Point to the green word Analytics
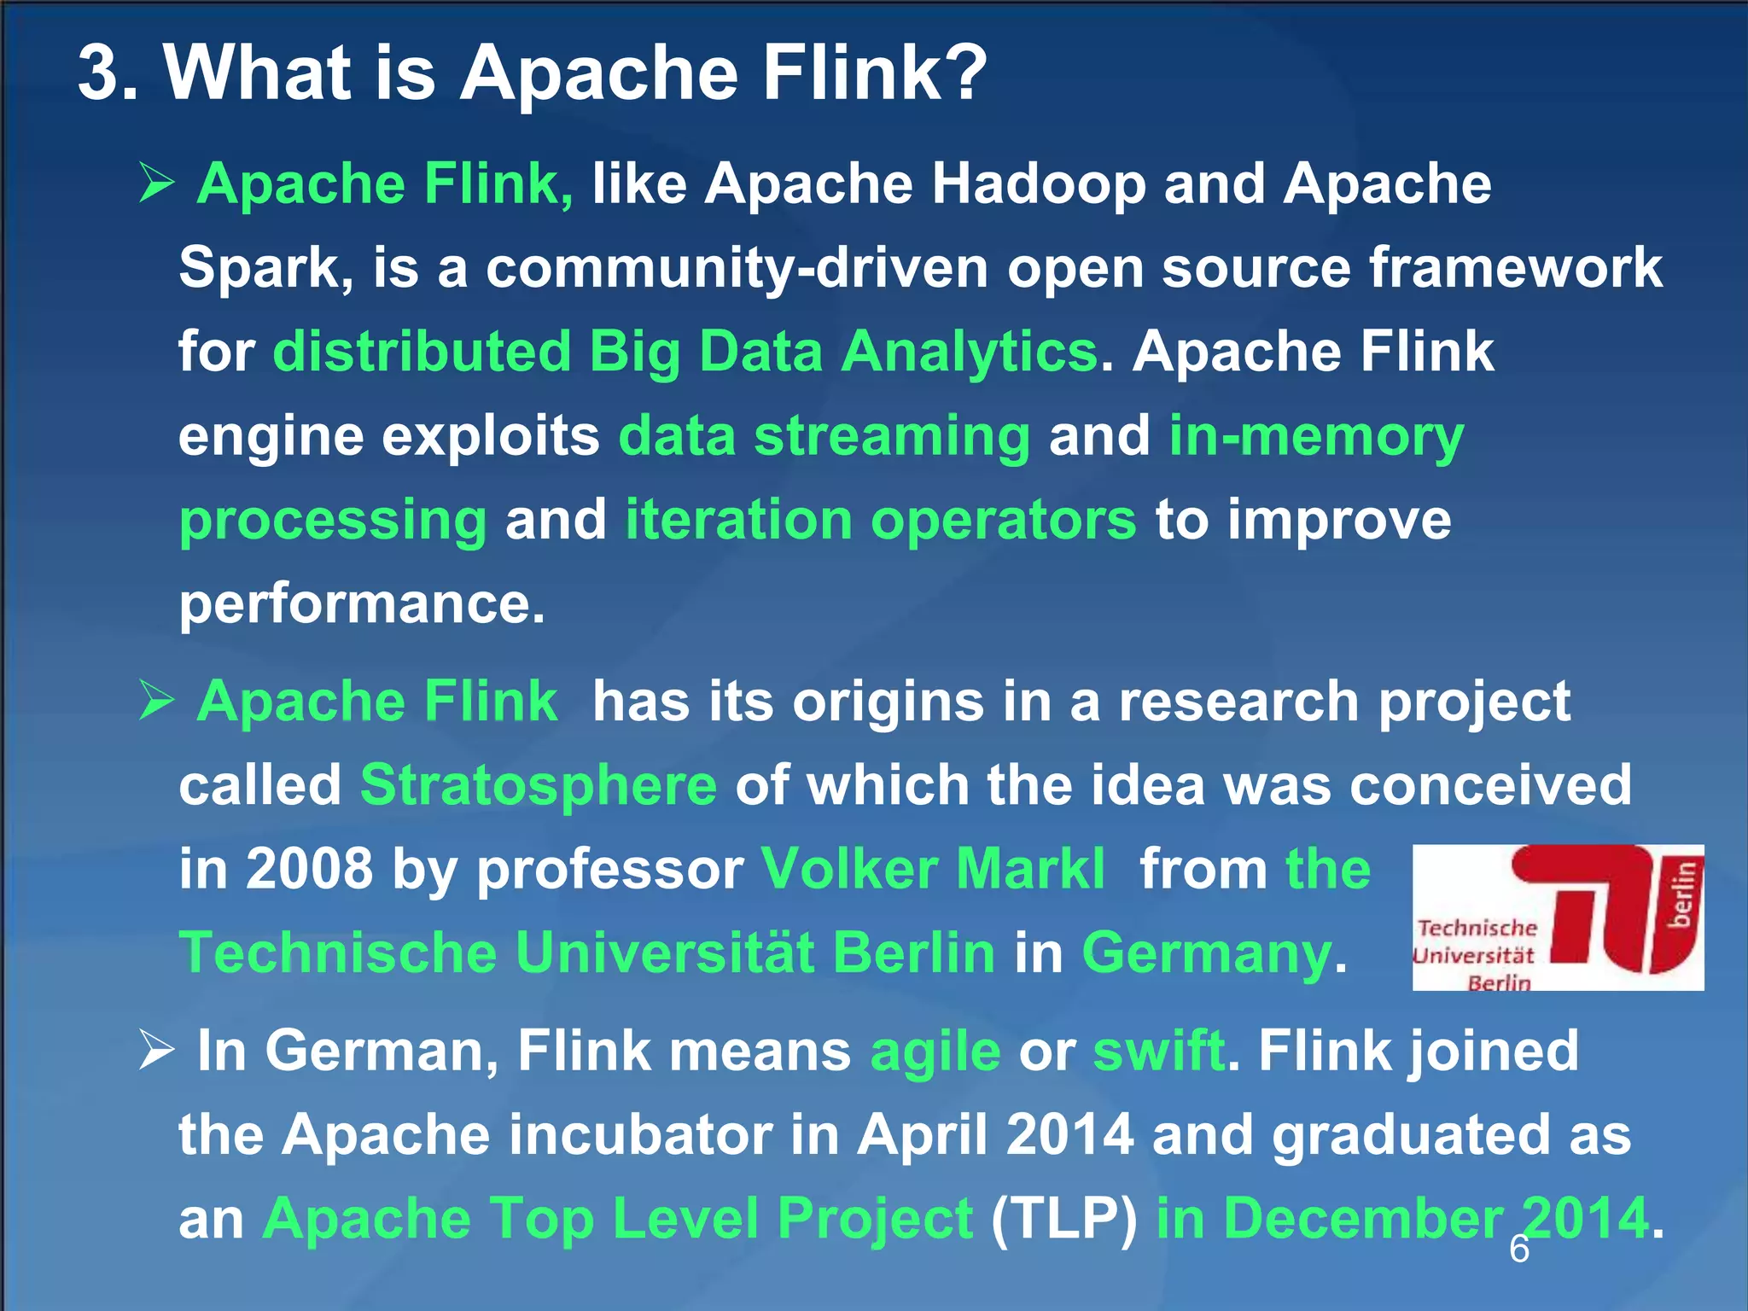point(969,352)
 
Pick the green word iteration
point(738,520)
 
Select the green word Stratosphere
point(539,785)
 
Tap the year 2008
point(310,870)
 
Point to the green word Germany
point(1206,953)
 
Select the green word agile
point(935,1052)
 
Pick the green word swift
point(1158,1051)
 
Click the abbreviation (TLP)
point(1063,1219)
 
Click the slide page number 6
point(1519,1250)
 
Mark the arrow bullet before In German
point(157,1049)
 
